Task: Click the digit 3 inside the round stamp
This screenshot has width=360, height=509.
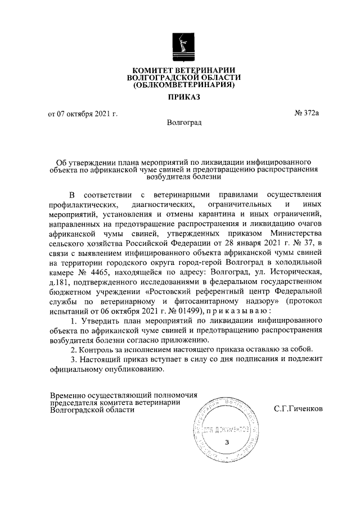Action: (226, 442)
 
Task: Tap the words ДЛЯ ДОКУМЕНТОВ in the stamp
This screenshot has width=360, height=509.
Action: (226, 429)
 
